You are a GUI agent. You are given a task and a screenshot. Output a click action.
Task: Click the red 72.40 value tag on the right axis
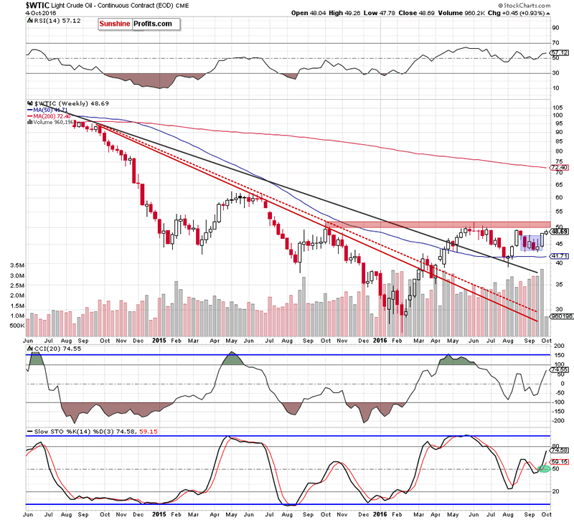pos(558,168)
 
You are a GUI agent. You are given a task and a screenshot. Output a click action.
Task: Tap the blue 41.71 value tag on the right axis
pos(558,255)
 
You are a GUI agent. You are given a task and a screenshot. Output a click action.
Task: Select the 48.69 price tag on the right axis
pos(559,232)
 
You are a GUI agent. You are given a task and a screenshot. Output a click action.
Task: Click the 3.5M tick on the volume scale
pos(17,265)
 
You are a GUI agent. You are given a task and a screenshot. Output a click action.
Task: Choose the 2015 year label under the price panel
pos(159,341)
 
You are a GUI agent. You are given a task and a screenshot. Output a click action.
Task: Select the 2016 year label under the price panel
pos(381,341)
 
